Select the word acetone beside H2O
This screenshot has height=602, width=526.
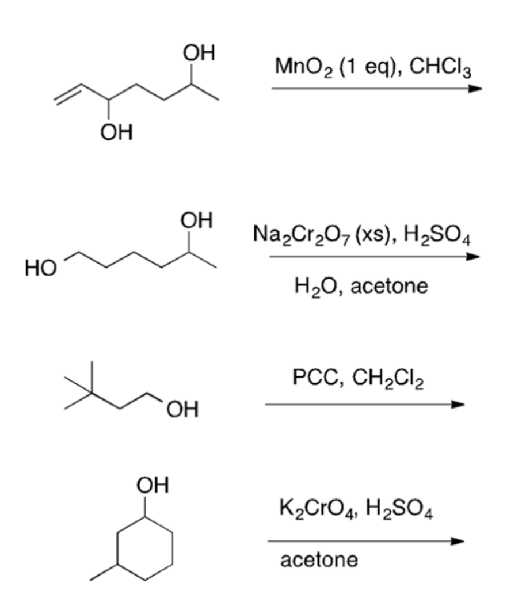pyautogui.click(x=390, y=285)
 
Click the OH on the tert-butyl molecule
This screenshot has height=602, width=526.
pyautogui.click(x=182, y=410)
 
